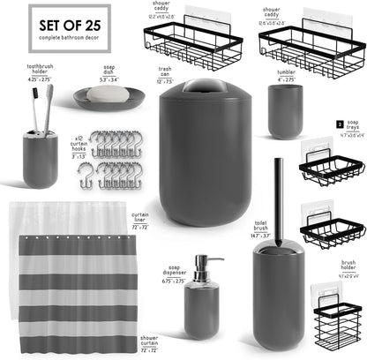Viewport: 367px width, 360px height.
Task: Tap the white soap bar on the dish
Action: click(x=103, y=93)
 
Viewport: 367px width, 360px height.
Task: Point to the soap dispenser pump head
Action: click(x=198, y=265)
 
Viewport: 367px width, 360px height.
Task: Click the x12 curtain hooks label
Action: click(x=79, y=145)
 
